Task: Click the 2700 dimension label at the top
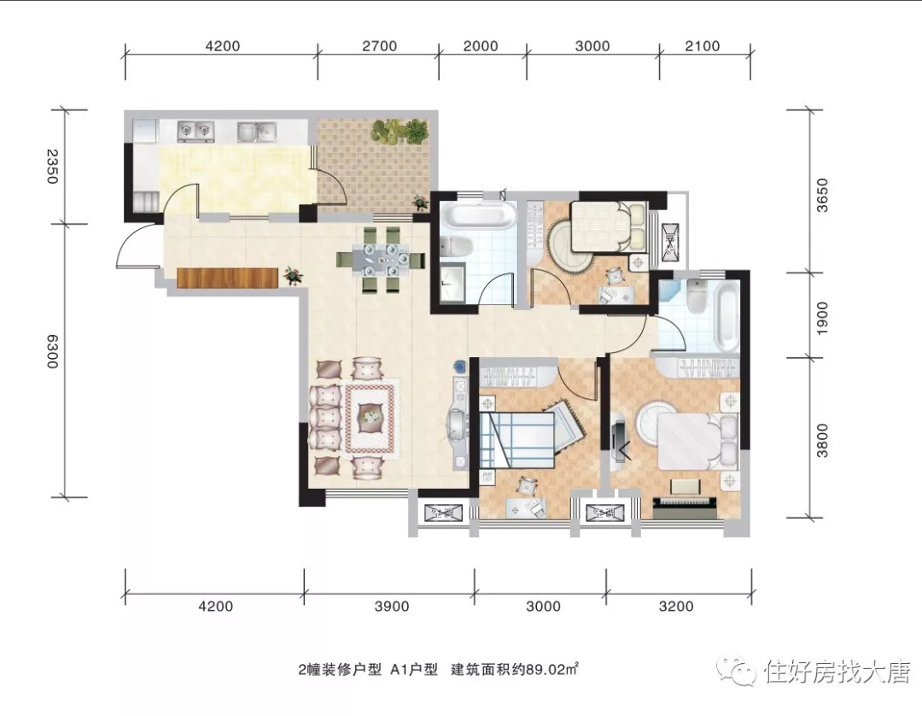point(379,46)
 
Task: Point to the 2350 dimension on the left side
point(53,167)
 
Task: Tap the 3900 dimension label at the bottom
point(392,606)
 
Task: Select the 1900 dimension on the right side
point(822,319)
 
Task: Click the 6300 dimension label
point(53,351)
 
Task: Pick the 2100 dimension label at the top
point(702,46)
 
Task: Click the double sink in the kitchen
point(257,131)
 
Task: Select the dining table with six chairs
point(381,260)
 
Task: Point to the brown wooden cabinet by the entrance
point(227,278)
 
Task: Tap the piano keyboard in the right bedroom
point(685,504)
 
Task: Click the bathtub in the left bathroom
point(480,214)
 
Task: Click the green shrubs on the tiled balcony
point(400,129)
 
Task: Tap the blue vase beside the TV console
point(460,366)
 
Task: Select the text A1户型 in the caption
point(414,669)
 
